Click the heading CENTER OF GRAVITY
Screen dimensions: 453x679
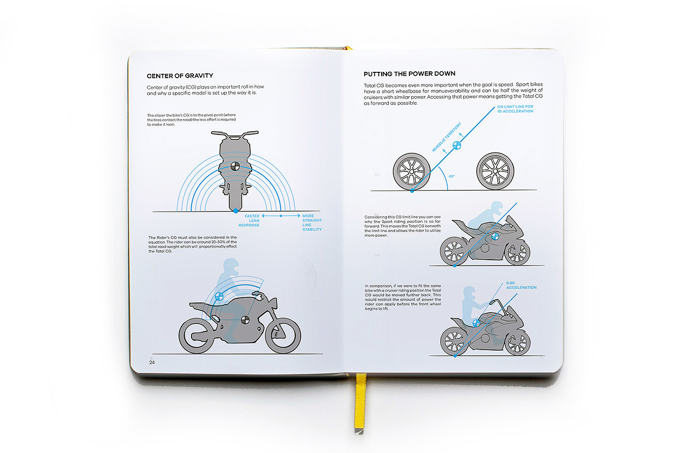tap(179, 76)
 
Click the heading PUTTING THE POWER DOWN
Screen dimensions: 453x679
tap(409, 74)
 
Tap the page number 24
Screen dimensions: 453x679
tap(152, 362)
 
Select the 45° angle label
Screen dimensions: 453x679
tap(452, 176)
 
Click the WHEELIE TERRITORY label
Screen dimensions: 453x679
tap(446, 137)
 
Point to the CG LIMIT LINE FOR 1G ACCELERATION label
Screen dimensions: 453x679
tap(515, 109)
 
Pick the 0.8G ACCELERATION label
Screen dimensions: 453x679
tap(521, 285)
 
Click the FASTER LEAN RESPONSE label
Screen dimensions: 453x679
tap(250, 220)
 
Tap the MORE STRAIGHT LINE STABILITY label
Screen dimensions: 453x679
tap(311, 222)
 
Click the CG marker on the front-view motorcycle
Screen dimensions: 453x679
tap(235, 166)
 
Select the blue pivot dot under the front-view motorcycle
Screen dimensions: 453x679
tap(235, 211)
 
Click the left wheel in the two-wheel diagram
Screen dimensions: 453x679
tap(412, 172)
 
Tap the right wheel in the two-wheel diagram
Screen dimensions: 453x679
tap(495, 172)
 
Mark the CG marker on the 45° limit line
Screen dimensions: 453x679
tap(456, 145)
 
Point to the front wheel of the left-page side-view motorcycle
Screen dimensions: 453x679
tap(283, 336)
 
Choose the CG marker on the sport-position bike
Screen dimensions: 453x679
tap(495, 236)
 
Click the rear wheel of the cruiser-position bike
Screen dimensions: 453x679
tap(454, 340)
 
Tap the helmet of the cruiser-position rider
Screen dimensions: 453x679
tap(469, 293)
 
